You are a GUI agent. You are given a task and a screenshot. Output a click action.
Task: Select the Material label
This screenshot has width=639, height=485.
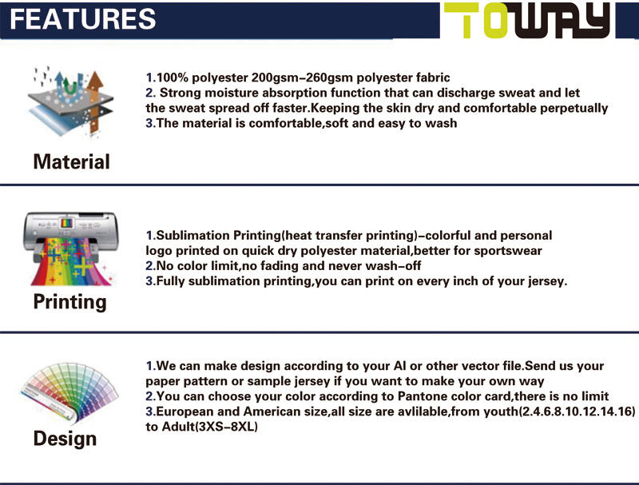pos(71,162)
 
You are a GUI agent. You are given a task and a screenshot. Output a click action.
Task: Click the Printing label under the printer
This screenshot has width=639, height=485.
pos(69,302)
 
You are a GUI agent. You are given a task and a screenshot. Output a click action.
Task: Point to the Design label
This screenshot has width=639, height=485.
pos(65,439)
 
